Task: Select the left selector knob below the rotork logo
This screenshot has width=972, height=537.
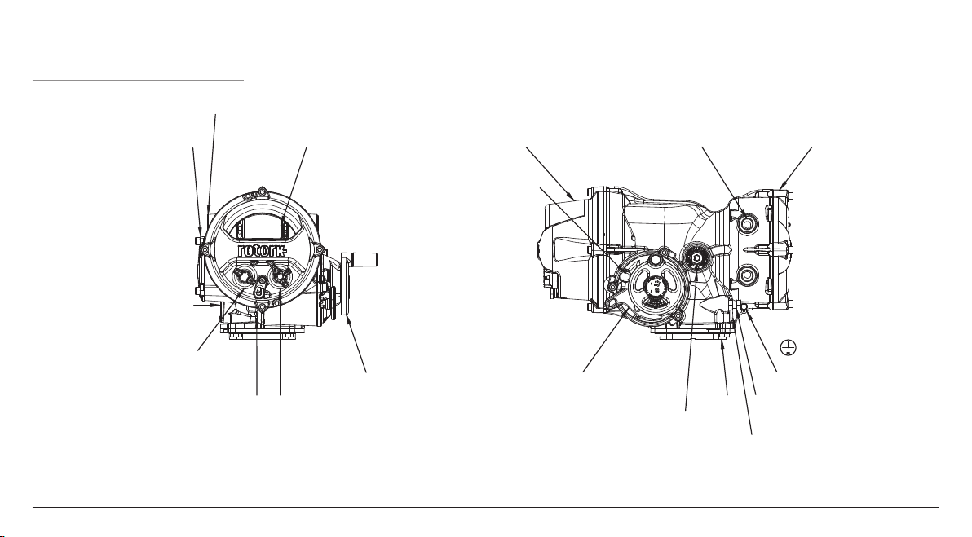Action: coord(243,276)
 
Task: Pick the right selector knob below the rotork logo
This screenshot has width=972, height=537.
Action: coord(281,276)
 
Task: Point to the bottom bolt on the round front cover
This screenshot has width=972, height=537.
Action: coord(262,306)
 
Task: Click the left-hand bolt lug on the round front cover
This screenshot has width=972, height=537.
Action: coord(203,249)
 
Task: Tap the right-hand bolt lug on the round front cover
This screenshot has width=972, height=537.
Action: coord(320,249)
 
